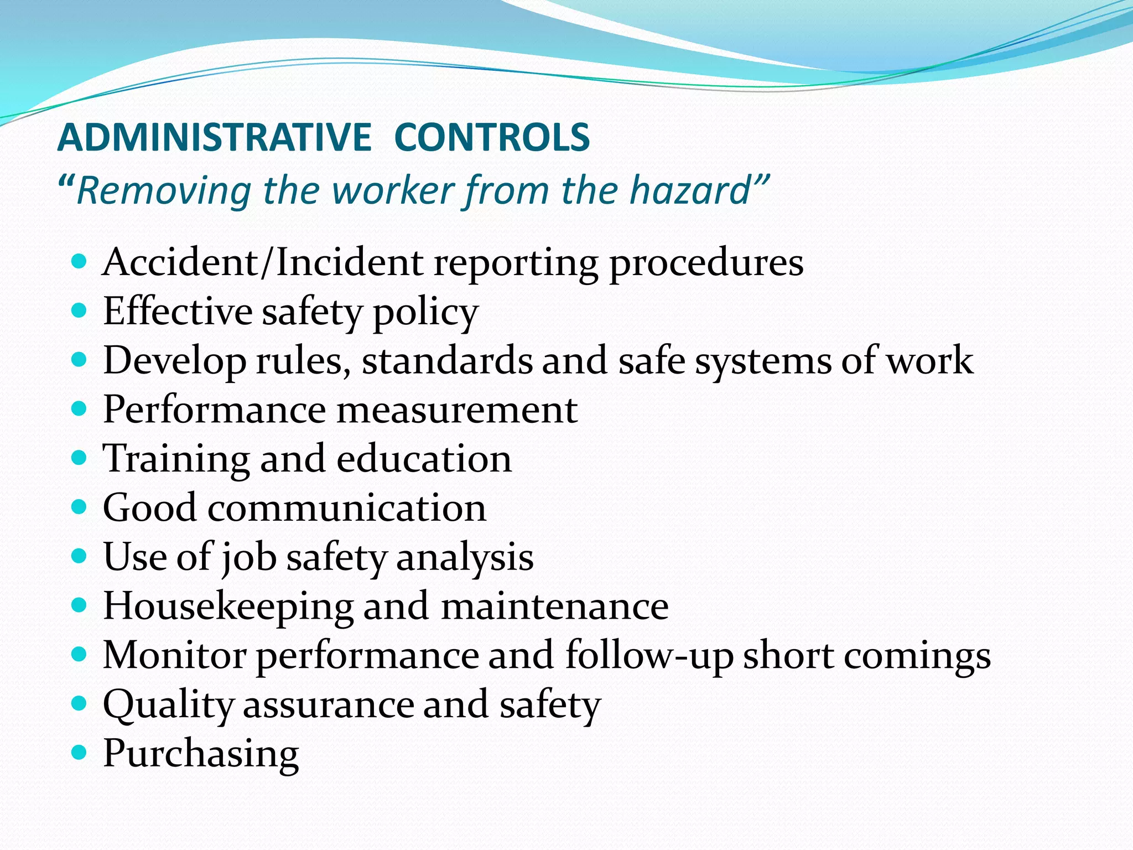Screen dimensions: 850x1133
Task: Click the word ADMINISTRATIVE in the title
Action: (x=215, y=137)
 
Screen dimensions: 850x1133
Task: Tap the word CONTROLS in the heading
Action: (x=492, y=137)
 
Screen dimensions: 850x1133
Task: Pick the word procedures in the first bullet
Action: (x=706, y=263)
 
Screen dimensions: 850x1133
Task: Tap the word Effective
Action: (x=178, y=311)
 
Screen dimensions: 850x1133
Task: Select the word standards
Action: (x=447, y=360)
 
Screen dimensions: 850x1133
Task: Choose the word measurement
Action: (x=457, y=410)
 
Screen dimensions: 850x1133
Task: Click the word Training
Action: (x=176, y=459)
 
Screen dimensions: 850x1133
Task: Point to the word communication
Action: (x=347, y=507)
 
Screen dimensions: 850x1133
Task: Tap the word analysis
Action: (x=465, y=557)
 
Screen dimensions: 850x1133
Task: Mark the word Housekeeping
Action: (x=228, y=607)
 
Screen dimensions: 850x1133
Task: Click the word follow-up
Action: (x=649, y=656)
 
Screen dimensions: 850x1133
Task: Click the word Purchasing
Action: (x=201, y=754)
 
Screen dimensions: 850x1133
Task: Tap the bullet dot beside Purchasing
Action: (x=80, y=753)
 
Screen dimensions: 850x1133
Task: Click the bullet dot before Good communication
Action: (x=80, y=507)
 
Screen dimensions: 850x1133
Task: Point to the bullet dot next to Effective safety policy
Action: (x=80, y=310)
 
